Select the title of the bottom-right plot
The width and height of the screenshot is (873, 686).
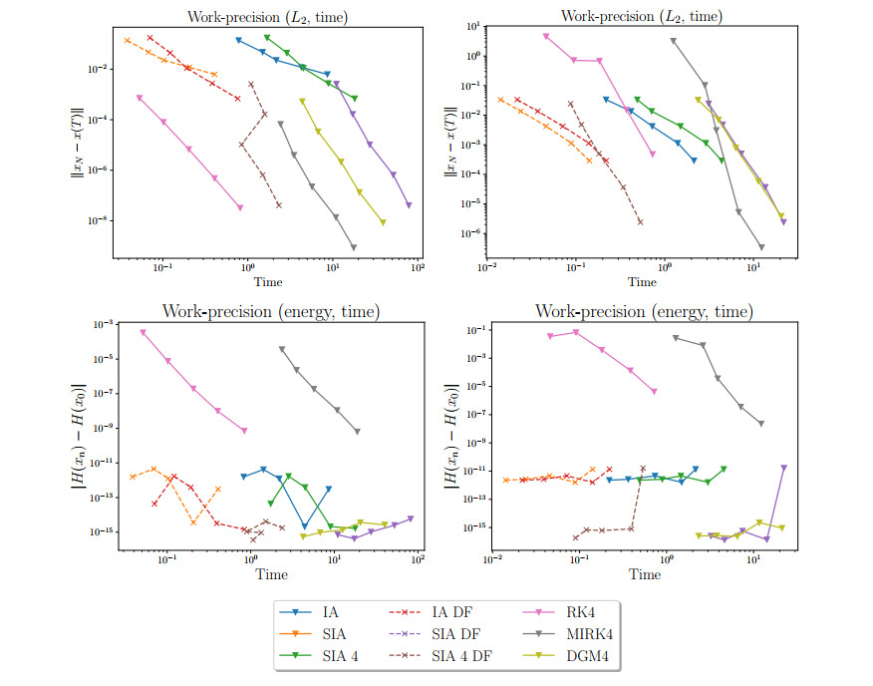click(x=644, y=312)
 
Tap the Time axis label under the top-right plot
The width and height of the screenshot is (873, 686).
click(x=643, y=282)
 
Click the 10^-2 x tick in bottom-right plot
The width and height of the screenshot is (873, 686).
click(x=491, y=561)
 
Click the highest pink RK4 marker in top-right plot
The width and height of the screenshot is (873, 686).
click(x=545, y=36)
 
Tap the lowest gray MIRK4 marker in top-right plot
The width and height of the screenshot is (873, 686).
click(x=761, y=246)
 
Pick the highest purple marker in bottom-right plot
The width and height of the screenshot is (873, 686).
click(x=784, y=467)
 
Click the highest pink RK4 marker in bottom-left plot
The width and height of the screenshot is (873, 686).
click(x=143, y=332)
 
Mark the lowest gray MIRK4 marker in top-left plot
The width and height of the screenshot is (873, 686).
click(x=354, y=246)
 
